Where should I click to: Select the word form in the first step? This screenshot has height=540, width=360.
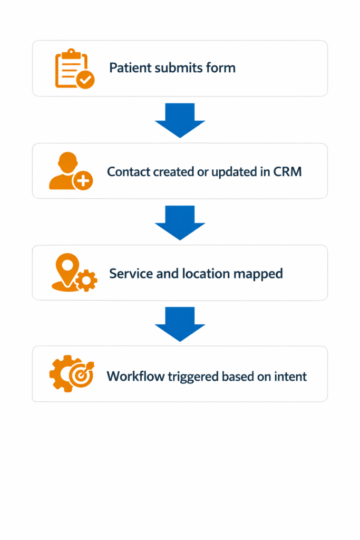(222, 68)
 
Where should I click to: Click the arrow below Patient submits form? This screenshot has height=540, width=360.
(180, 120)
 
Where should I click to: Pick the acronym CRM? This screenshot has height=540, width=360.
(287, 171)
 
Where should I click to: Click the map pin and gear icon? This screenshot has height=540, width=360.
(73, 273)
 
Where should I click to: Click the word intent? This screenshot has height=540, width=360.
(291, 377)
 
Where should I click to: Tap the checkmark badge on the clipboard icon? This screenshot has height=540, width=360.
(85, 80)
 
